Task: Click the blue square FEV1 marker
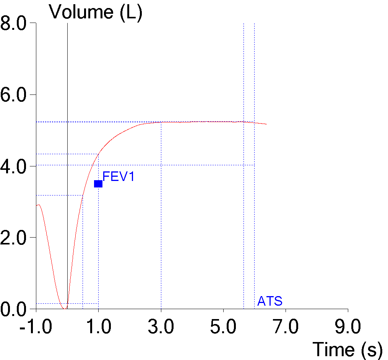pos(98,184)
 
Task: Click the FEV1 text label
pos(119,177)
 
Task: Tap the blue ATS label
pos(270,301)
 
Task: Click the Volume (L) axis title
pos(96,12)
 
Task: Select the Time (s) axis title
pos(347,349)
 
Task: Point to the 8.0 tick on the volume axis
pos(13,24)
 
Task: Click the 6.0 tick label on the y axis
pos(13,95)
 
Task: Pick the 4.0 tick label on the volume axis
pos(13,166)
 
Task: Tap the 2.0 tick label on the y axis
pos(13,238)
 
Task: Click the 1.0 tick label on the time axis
pos(99,328)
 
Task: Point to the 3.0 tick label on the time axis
pos(161,328)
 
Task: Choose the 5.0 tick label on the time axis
pos(223,328)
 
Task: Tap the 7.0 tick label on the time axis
pos(286,328)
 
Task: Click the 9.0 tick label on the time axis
pos(348,328)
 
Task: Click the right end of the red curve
pos(266,124)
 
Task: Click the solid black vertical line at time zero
pos(67,77)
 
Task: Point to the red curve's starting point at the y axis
pos(37,205)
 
